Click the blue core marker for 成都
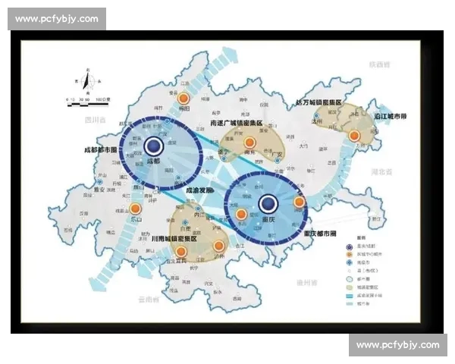point(154,146)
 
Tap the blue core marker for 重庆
point(267,202)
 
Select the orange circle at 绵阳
point(182,99)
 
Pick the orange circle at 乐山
point(135,209)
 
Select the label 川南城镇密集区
point(174,238)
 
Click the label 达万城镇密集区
point(318,102)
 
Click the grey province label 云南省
point(148,300)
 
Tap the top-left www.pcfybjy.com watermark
point(57,18)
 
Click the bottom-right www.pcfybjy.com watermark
point(397,345)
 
